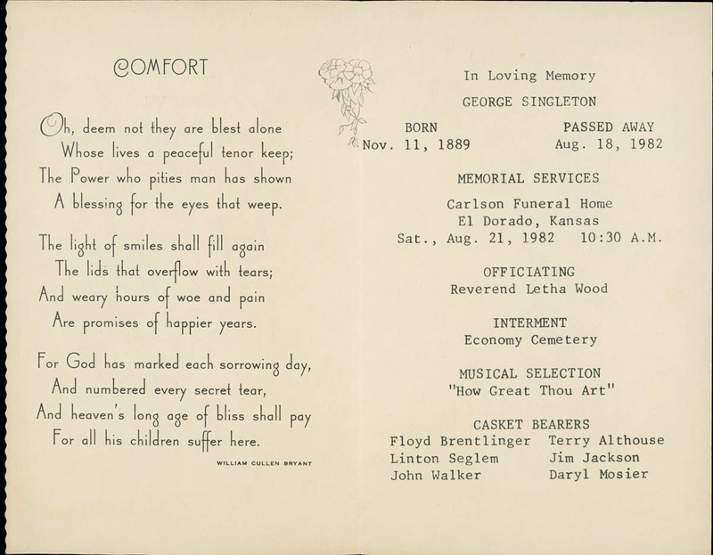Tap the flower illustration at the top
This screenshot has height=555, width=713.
click(346, 86)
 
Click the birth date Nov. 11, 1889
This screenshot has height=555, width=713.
click(416, 145)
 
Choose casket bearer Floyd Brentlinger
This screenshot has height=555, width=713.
click(461, 440)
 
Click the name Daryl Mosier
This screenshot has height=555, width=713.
click(599, 475)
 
